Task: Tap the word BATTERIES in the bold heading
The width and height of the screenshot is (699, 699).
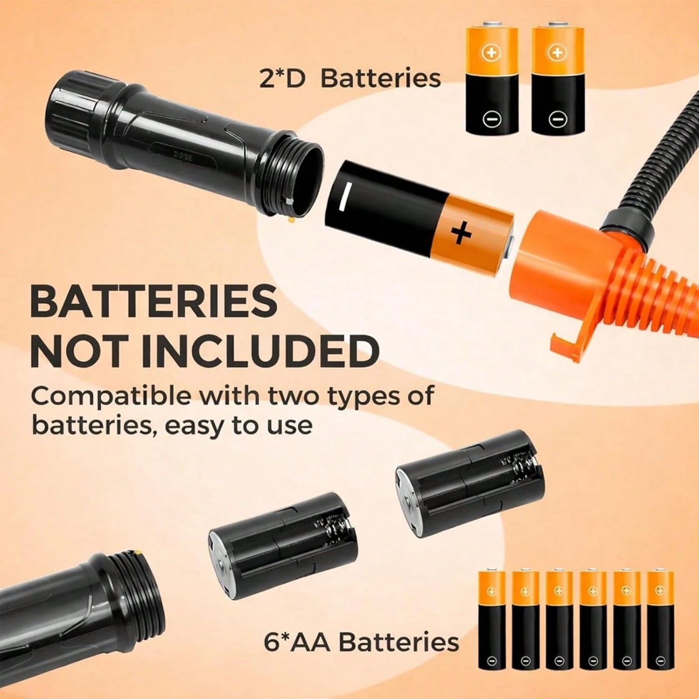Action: (x=153, y=301)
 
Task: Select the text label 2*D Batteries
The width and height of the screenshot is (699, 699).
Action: (x=350, y=78)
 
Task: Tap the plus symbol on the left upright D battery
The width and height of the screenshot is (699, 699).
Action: (x=491, y=53)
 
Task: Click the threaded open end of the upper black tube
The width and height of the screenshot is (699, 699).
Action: (x=295, y=178)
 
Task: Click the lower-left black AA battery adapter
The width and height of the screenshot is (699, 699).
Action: (x=283, y=551)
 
